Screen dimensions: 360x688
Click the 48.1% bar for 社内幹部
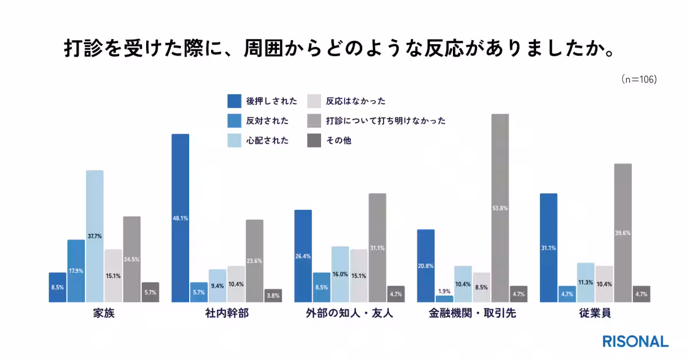pos(181,218)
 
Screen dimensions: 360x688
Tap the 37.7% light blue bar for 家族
pos(95,236)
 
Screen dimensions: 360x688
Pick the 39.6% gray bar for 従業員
pos(623,233)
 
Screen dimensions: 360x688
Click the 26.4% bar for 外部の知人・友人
pos(303,256)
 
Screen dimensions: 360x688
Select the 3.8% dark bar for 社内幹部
pos(273,296)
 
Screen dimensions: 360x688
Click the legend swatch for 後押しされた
pos(234,101)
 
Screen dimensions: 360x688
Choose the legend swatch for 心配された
pos(234,140)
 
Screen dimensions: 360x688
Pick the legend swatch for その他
pos(314,140)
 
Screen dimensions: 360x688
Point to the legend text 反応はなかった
pos(355,101)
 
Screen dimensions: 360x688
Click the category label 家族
pos(103,315)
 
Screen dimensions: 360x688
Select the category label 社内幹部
pos(226,315)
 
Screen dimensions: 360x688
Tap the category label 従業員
pos(595,315)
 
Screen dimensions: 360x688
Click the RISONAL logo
pos(635,341)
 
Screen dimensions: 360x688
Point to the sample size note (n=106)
pos(639,80)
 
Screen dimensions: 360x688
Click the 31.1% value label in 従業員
pos(549,248)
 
